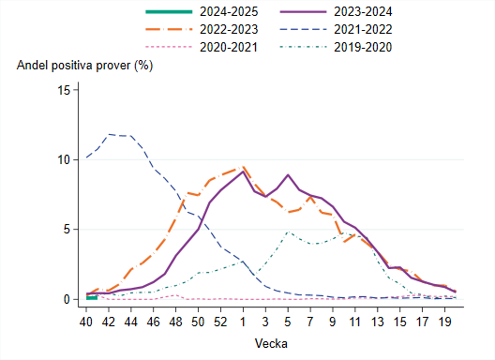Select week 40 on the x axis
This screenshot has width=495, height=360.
pos(87,321)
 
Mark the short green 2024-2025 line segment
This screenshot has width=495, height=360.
pos(92,297)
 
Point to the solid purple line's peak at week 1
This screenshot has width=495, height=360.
pos(243,172)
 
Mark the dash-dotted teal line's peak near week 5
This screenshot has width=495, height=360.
pos(288,232)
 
